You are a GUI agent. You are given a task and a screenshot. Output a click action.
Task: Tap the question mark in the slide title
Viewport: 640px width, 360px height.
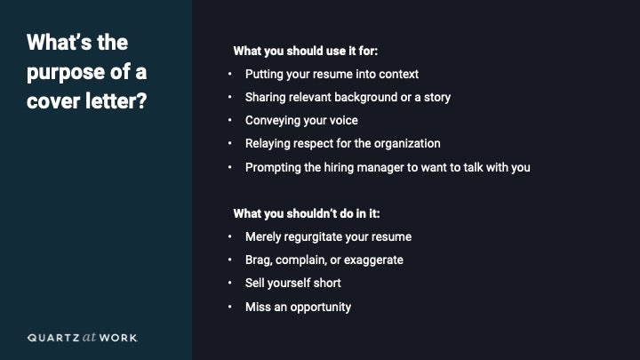[x=141, y=100]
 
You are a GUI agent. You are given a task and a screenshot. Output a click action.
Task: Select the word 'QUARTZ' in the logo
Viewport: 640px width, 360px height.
[x=53, y=338]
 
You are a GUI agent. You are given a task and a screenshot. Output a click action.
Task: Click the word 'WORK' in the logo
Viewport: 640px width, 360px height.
[x=118, y=338]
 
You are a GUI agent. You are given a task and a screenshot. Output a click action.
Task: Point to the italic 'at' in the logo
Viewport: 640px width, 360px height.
[x=90, y=337]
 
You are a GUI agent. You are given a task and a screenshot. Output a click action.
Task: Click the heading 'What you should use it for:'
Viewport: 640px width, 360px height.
[x=305, y=51]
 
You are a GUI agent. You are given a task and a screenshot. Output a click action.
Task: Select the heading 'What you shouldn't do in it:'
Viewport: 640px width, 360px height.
[x=307, y=213]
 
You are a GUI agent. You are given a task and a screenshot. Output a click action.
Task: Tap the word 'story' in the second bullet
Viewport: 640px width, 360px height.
[x=437, y=98]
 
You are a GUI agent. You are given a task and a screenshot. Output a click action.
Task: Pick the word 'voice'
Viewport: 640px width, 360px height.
[x=344, y=120]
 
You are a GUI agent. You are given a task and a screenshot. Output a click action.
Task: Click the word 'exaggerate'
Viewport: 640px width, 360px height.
[x=373, y=260]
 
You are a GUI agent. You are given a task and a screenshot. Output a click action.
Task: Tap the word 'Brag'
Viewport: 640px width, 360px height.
[x=259, y=260]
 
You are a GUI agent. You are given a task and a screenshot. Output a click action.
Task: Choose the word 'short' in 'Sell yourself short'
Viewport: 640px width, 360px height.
[x=327, y=284]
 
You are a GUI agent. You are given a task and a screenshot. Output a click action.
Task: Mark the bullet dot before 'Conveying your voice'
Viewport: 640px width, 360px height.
[x=230, y=120]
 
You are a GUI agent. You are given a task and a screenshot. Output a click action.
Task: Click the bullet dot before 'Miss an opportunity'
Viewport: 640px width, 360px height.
[x=230, y=307]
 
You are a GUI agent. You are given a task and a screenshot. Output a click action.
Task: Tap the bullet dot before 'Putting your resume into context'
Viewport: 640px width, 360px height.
[x=230, y=74]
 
